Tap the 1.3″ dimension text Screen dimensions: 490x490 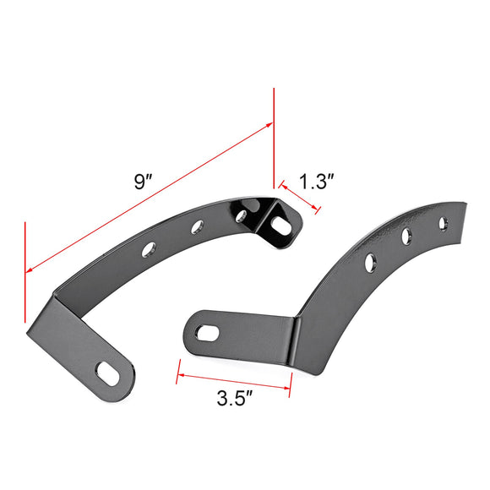coord(318,182)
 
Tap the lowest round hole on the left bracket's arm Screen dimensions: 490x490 coord(150,248)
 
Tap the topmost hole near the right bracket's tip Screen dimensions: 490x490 coord(440,221)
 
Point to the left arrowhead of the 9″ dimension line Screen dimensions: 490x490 coord(30,269)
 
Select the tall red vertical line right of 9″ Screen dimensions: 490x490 coord(274,135)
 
